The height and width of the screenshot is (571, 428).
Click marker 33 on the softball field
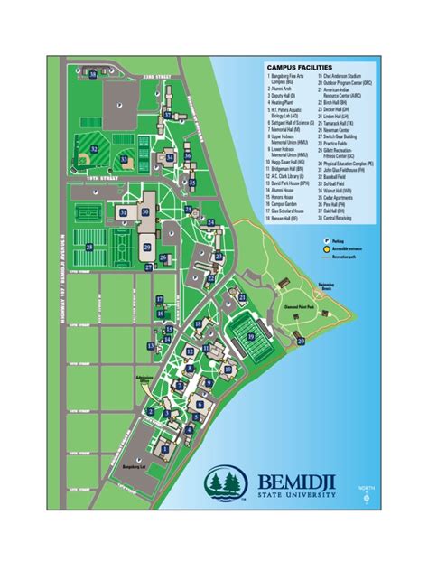coord(124,157)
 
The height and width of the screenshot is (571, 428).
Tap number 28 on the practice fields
coord(89,246)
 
